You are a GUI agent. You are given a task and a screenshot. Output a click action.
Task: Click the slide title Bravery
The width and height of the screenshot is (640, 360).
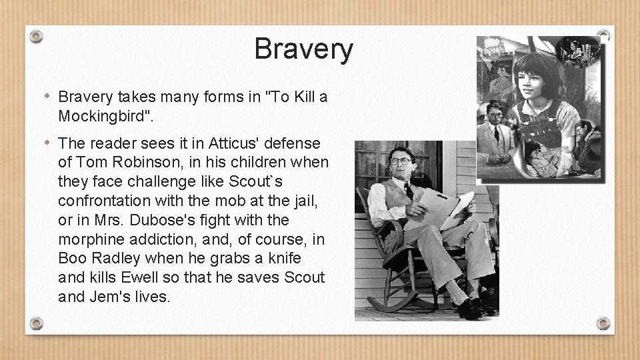click(303, 49)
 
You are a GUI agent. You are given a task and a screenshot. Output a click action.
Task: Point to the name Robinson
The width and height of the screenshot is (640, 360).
click(137, 163)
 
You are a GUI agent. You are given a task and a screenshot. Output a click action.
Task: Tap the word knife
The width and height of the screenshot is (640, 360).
click(284, 259)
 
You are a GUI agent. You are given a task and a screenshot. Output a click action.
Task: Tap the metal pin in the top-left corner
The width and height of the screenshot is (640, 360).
click(37, 36)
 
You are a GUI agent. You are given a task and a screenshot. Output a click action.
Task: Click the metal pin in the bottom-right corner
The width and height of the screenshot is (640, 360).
click(603, 323)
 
